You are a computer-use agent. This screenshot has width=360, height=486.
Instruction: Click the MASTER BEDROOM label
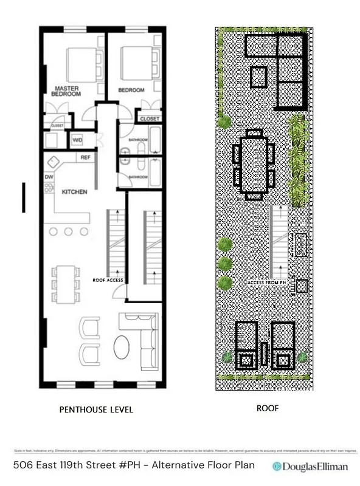(66, 91)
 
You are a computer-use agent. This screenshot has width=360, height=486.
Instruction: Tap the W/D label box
(78, 140)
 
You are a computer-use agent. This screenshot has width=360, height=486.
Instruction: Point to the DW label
(49, 177)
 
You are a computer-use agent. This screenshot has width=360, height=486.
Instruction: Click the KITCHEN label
(75, 192)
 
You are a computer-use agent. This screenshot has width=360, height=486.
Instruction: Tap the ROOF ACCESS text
(108, 281)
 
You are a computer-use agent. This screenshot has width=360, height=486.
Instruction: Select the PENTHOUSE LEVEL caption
(95, 410)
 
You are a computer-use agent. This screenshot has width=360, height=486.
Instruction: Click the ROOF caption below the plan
(268, 408)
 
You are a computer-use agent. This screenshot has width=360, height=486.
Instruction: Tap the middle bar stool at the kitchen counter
(67, 231)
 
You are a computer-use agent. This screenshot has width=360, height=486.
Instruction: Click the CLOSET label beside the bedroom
(150, 119)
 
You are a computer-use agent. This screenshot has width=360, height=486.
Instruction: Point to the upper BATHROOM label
(137, 140)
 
